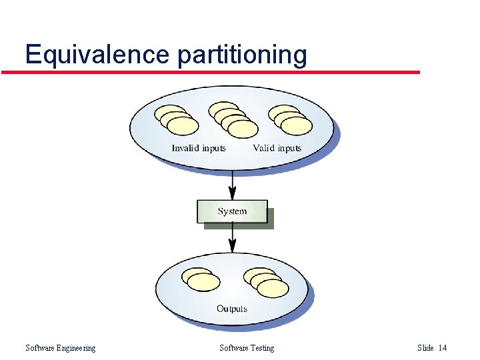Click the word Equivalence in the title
99,54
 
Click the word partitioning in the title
242,55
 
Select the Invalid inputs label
199,148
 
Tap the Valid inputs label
277,148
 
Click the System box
232,211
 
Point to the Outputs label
232,309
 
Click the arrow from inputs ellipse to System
232,183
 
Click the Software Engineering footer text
60,348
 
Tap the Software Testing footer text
246,348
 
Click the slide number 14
443,348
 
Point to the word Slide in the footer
425,348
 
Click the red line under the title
210,72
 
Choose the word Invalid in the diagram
185,148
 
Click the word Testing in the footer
261,348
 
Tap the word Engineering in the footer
76,348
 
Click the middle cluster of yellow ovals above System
233,119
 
